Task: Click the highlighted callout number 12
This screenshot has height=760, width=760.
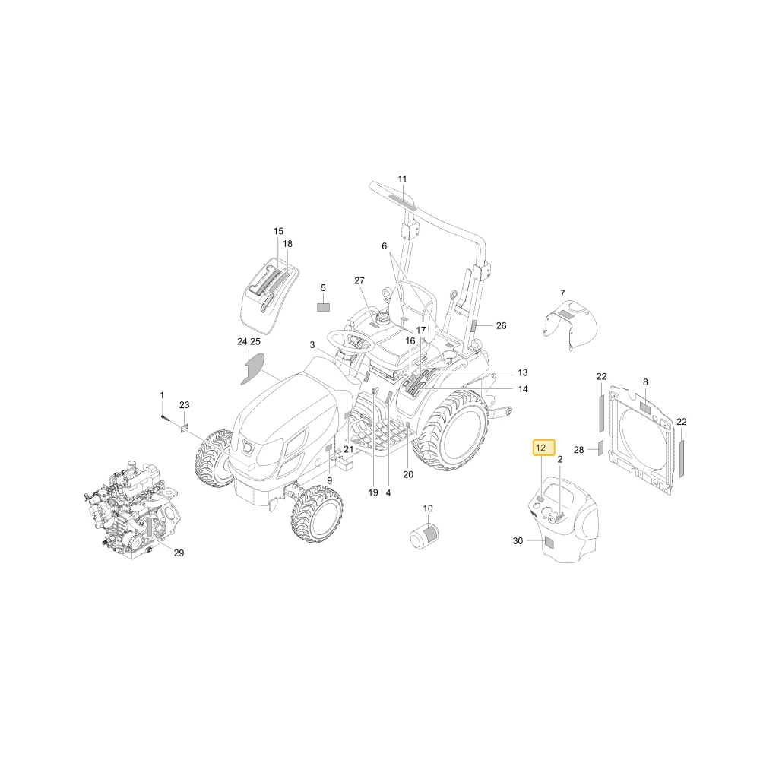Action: [543, 448]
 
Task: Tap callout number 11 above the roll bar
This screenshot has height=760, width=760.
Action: [402, 179]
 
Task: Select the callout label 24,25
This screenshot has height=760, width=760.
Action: [249, 342]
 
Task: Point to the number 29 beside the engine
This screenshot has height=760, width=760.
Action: [179, 553]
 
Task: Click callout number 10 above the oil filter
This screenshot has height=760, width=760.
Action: [427, 508]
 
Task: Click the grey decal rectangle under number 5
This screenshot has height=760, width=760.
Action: [323, 307]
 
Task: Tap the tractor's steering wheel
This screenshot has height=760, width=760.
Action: [350, 340]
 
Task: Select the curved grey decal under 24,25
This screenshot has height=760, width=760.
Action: [253, 369]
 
